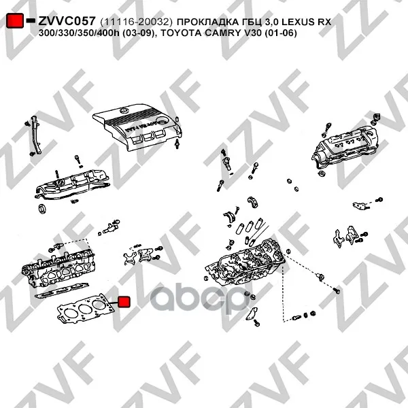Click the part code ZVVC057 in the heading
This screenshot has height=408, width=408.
point(67,21)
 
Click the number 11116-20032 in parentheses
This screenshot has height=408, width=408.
point(136,22)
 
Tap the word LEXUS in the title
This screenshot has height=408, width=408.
point(299,22)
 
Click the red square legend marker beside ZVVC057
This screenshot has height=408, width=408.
point(15,20)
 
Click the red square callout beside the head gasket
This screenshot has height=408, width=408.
point(124,302)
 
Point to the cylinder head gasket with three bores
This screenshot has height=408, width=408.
point(86,308)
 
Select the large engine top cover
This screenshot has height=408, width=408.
point(137,127)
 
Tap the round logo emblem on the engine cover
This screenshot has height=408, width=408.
point(124,110)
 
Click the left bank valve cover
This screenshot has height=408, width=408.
point(72,184)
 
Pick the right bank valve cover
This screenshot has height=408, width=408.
point(345,148)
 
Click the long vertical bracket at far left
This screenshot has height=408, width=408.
point(36,135)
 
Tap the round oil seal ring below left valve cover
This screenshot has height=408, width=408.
point(42,209)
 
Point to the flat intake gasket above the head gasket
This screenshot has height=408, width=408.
point(62,290)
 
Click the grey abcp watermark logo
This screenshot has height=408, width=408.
point(199,300)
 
